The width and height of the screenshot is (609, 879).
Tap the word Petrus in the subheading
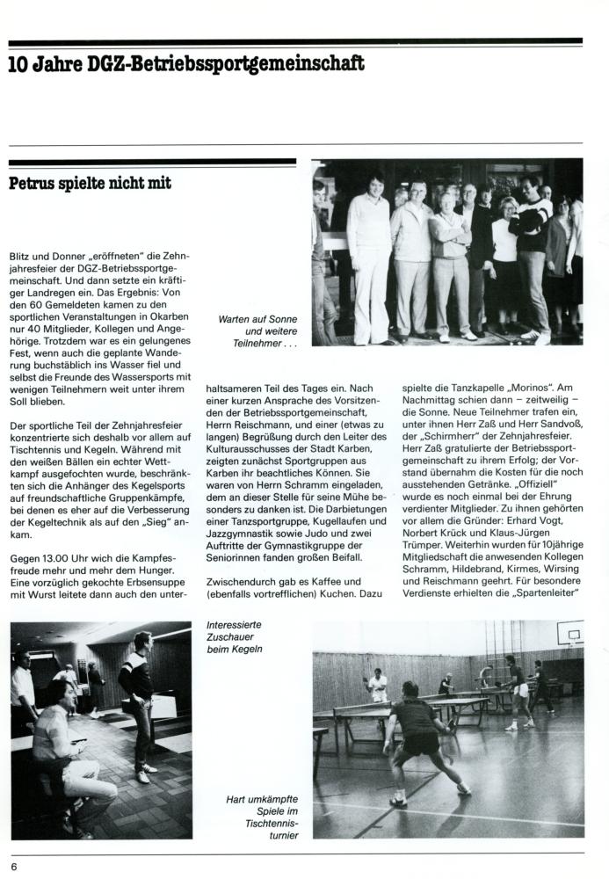pyautogui.click(x=38, y=184)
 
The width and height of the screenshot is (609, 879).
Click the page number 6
pyautogui.click(x=15, y=866)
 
